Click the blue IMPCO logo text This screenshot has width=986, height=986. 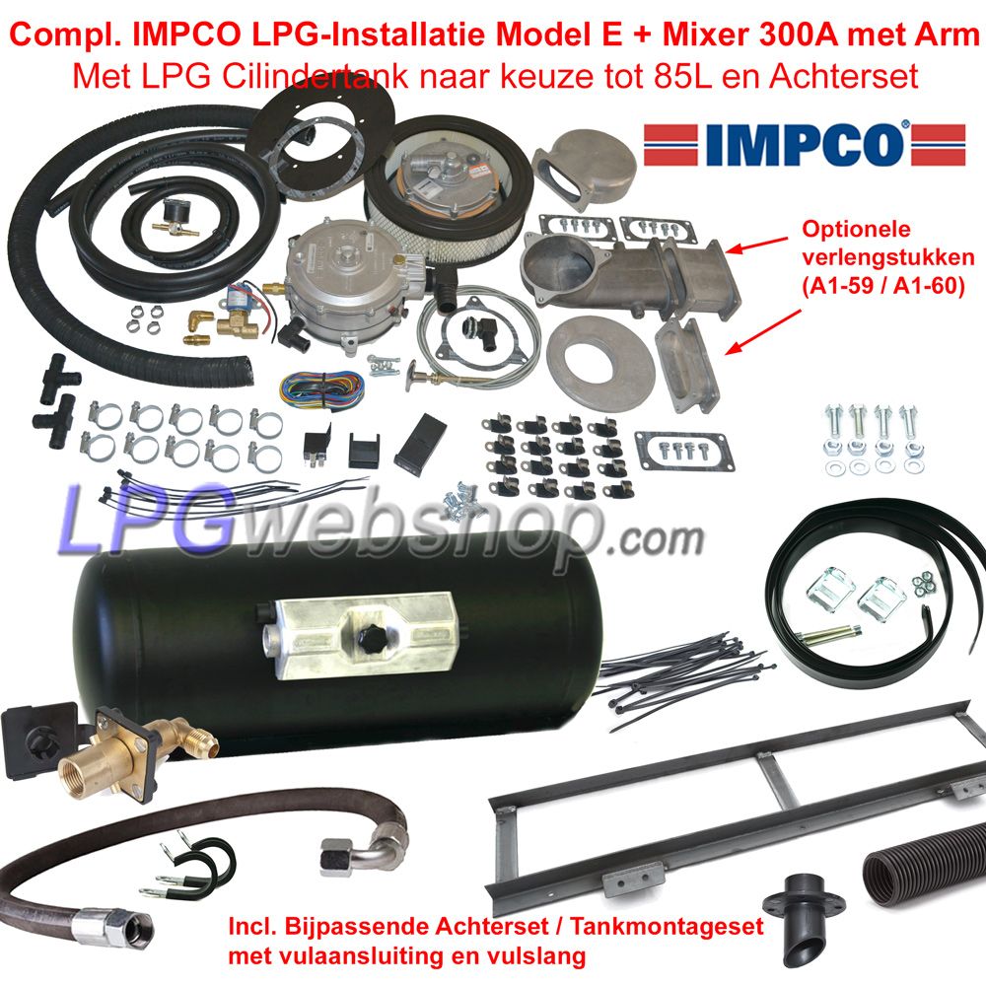[x=804, y=144]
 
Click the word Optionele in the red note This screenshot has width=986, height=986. [x=855, y=229]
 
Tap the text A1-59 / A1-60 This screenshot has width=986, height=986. [x=882, y=286]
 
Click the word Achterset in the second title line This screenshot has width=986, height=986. [x=843, y=77]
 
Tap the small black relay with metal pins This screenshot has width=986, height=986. [x=317, y=446]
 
